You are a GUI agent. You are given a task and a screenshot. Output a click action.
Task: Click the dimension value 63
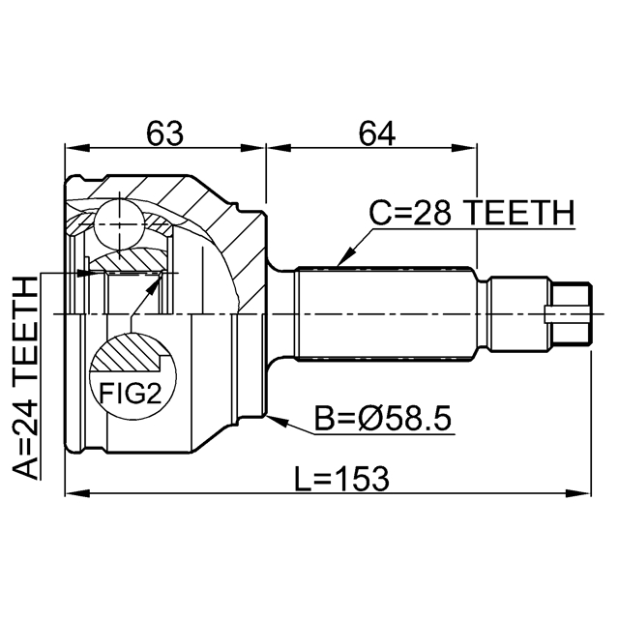[x=164, y=133]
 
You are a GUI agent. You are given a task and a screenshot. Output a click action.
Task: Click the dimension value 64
[x=376, y=133]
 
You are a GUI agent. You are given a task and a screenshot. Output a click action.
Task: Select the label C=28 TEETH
[x=471, y=213]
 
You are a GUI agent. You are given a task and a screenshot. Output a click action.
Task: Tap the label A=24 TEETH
[x=26, y=378]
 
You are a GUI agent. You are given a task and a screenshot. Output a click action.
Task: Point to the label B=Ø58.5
[x=382, y=419]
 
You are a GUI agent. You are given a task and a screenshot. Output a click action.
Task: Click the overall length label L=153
[x=341, y=479]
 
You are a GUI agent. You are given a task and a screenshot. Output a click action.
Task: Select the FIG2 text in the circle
[x=130, y=393]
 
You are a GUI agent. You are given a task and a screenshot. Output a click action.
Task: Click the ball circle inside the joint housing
[x=118, y=223]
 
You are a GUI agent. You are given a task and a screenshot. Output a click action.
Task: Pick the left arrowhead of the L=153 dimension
[x=77, y=493]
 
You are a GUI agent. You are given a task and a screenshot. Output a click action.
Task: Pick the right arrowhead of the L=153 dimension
[x=578, y=493]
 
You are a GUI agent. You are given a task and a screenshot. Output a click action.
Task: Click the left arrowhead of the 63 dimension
[x=77, y=148]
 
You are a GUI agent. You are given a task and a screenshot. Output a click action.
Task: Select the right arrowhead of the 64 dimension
[x=464, y=148]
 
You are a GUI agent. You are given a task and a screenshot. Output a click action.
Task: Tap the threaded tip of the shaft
[x=572, y=313]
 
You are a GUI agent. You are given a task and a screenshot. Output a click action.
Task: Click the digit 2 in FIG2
[x=153, y=393]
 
